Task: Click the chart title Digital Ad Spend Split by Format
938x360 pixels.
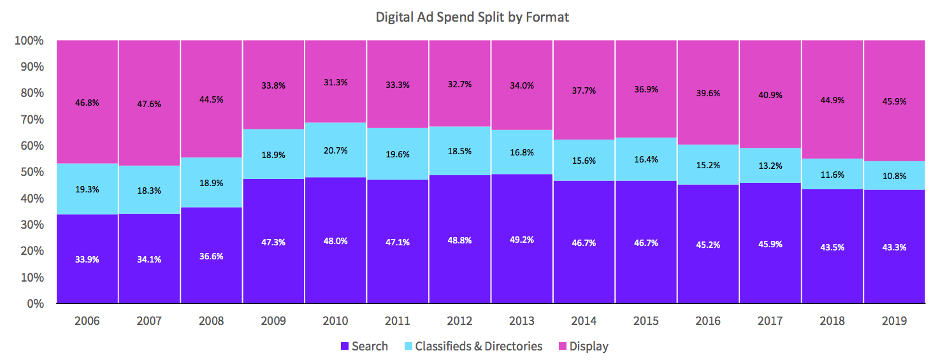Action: click(472, 17)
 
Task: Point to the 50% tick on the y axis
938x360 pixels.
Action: click(29, 172)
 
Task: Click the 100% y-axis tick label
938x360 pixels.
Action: click(28, 41)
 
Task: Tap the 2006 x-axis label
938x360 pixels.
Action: click(87, 320)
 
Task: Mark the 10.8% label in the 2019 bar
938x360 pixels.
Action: click(894, 176)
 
